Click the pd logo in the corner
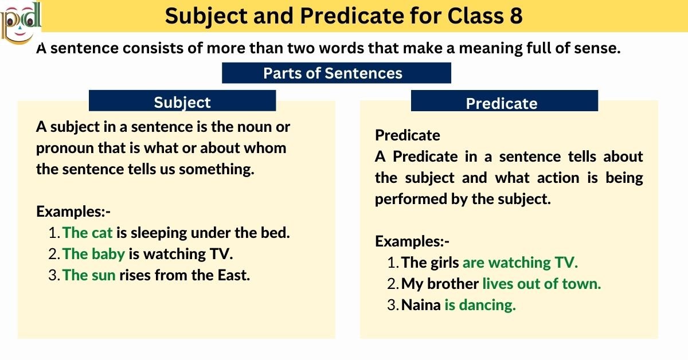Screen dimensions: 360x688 pyautogui.click(x=21, y=22)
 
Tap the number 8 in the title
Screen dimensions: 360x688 pyautogui.click(x=514, y=16)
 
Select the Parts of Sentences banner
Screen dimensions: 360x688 pyautogui.click(x=336, y=73)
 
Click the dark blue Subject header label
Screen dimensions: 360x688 pyautogui.click(x=182, y=102)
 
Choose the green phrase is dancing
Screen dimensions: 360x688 pyautogui.click(x=480, y=306)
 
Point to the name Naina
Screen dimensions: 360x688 pyautogui.click(x=421, y=306)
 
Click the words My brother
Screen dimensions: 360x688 pyautogui.click(x=440, y=284)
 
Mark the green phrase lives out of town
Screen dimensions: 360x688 pyautogui.click(x=541, y=284)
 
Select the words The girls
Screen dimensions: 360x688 pyautogui.click(x=430, y=263)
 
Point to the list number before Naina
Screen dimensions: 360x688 pyautogui.click(x=393, y=306)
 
